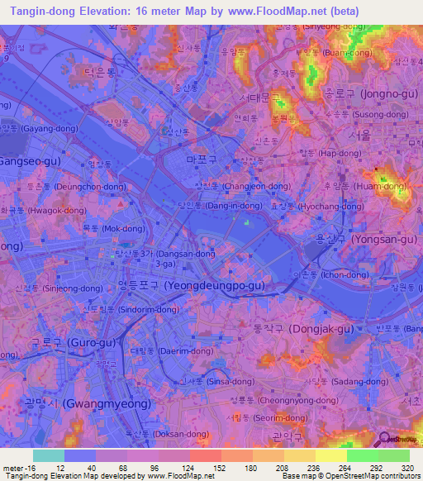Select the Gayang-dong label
pyautogui.click(x=40, y=129)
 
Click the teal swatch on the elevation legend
pyautogui.click(x=49, y=455)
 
